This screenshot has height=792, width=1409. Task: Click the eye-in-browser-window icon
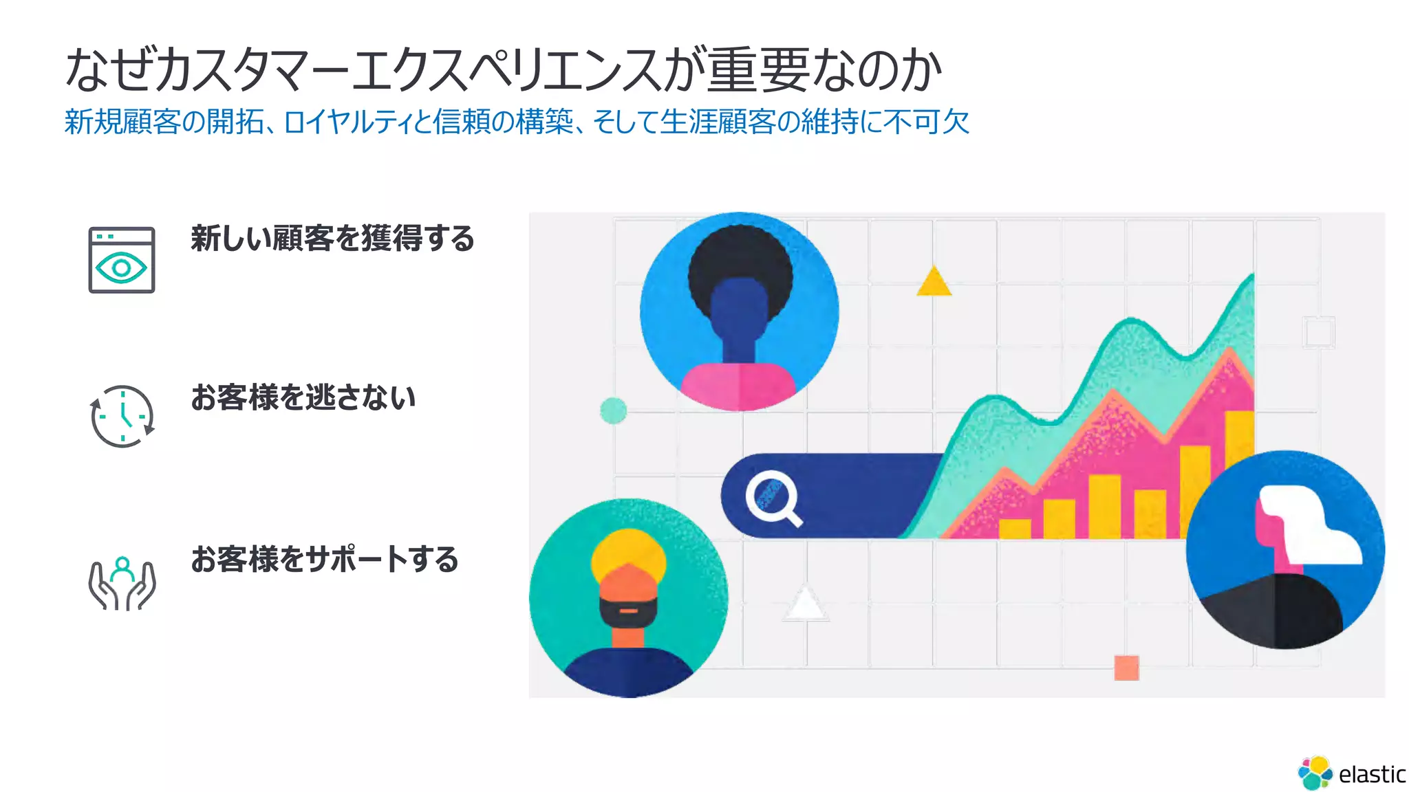pos(122,260)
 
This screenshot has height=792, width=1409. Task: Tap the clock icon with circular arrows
pos(122,416)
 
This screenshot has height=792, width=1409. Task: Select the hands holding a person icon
pos(122,584)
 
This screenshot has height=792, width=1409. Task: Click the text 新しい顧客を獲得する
pos(332,239)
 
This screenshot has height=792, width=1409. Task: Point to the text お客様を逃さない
pos(303,397)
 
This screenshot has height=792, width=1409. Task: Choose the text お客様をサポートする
pos(325,559)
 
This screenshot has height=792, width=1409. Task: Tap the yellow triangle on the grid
pos(934,283)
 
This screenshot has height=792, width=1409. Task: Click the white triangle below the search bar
pos(805,604)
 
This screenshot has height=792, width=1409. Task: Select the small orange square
pos(1126,668)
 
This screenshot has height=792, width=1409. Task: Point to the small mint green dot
pos(613,410)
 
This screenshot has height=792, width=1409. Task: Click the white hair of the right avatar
pos(1307,522)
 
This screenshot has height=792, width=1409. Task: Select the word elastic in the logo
pos(1372,775)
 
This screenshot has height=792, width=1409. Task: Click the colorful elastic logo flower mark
pos(1315,773)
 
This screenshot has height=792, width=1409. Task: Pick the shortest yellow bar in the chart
pos(1015,529)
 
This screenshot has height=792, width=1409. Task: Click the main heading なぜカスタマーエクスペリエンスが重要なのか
pos(503,70)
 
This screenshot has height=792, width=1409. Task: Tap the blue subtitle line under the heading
pos(517,122)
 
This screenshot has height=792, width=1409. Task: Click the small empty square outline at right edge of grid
pos(1319,333)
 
